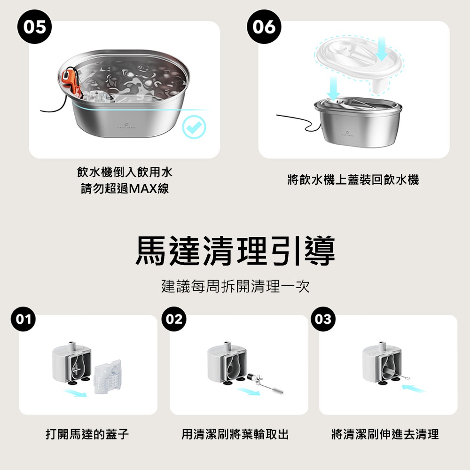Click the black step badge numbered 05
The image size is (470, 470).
(x=34, y=27)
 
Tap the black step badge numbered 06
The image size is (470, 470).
(x=264, y=27)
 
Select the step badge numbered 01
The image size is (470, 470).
(x=23, y=319)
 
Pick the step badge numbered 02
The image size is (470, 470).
(x=174, y=319)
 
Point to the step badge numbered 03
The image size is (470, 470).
(x=323, y=319)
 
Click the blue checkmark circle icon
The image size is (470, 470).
(x=194, y=127)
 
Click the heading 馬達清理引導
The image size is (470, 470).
(x=235, y=251)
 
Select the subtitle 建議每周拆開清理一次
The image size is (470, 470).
(x=235, y=286)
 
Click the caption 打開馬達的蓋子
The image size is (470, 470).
(x=87, y=434)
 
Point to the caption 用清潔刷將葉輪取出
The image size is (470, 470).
(x=235, y=434)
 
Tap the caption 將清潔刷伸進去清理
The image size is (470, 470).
(x=385, y=434)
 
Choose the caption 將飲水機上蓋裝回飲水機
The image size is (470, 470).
(x=353, y=180)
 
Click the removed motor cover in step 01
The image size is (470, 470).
(x=108, y=376)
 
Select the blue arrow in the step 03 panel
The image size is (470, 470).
(x=413, y=389)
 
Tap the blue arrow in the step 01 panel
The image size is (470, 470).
(x=75, y=392)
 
